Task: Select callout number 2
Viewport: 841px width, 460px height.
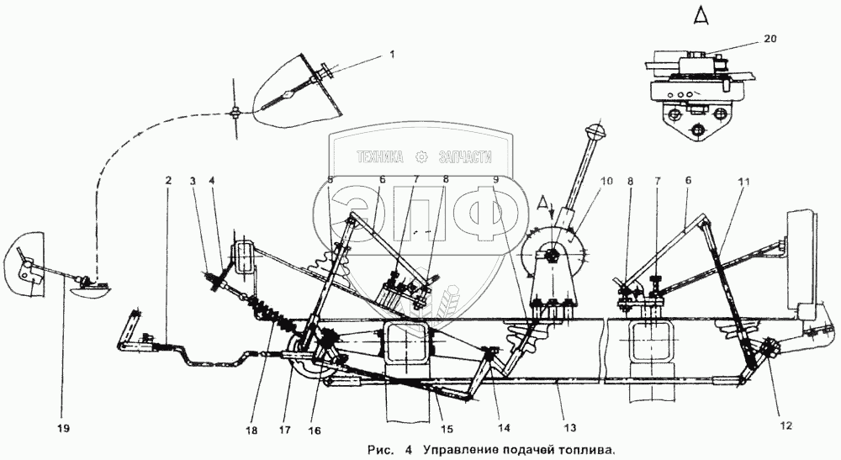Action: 168,181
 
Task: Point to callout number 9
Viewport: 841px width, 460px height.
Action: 496,180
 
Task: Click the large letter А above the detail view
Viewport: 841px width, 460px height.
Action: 701,14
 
